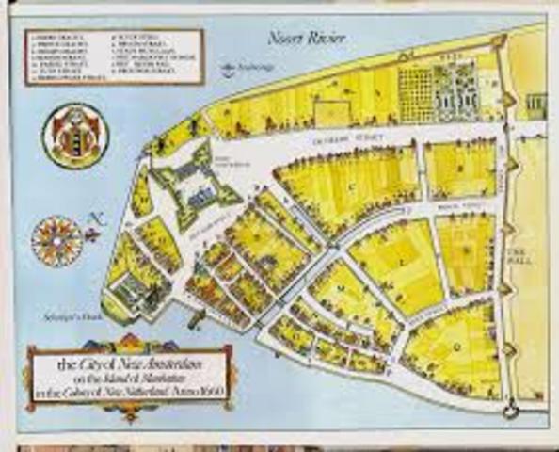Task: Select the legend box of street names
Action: tap(114, 56)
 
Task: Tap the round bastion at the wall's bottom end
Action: tap(511, 409)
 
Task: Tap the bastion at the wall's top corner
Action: tap(499, 41)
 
